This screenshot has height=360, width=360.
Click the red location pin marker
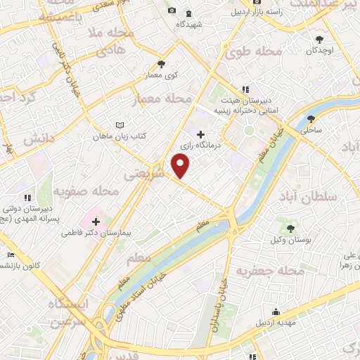181,167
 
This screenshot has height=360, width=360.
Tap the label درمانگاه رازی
196,146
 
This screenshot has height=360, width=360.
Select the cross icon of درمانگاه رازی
201,134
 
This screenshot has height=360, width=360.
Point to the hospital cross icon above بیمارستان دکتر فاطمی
96,220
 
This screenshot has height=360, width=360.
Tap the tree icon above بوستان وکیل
290,228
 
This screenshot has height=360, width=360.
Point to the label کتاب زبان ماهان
121,135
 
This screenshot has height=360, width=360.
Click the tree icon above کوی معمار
161,65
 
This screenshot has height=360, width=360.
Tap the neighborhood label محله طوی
259,52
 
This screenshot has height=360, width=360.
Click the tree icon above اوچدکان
320,39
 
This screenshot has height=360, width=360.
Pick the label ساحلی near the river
310,130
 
